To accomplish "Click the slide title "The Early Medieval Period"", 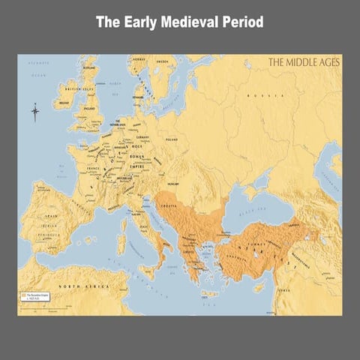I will point(179,22).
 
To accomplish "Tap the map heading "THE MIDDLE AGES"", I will point(304,63).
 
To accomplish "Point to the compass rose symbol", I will point(34,113).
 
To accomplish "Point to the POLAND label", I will point(172,139).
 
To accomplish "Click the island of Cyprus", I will point(260,286).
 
